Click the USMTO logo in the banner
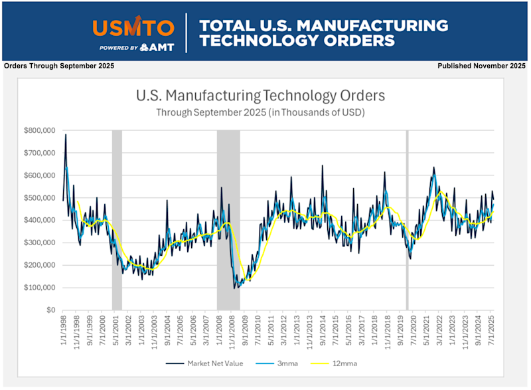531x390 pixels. pyautogui.click(x=133, y=27)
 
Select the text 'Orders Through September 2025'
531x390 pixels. pyautogui.click(x=59, y=66)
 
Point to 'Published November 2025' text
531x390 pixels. pyautogui.click(x=481, y=66)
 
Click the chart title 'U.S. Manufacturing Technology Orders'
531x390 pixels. pyautogui.click(x=260, y=96)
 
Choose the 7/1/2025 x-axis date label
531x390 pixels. pyautogui.click(x=491, y=327)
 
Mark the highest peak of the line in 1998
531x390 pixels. pyautogui.click(x=66, y=135)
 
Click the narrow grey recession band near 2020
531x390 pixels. pyautogui.click(x=407, y=219)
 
